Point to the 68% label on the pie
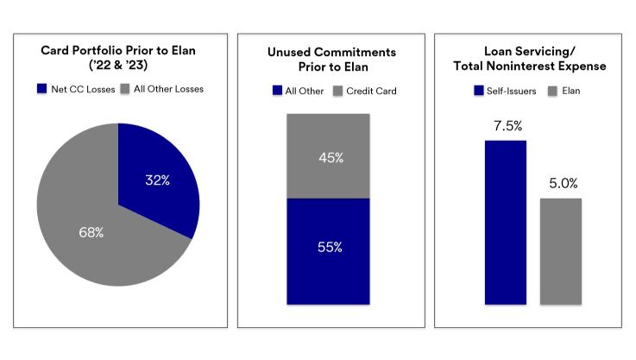click(91, 232)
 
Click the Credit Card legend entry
click(365, 89)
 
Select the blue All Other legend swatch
click(277, 89)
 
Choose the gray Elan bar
click(561, 250)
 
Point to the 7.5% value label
click(505, 126)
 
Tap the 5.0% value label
click(561, 184)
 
